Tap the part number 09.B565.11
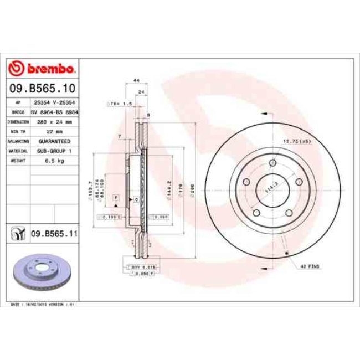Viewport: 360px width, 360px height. click(x=54, y=234)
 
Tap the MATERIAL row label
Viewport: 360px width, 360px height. click(x=18, y=151)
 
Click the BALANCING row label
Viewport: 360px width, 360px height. click(x=18, y=141)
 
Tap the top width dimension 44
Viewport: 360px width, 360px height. click(x=136, y=80)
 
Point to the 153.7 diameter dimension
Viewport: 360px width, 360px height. click(x=90, y=188)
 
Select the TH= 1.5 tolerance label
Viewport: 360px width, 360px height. click(x=119, y=103)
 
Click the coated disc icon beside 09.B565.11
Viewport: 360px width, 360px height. click(x=18, y=234)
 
